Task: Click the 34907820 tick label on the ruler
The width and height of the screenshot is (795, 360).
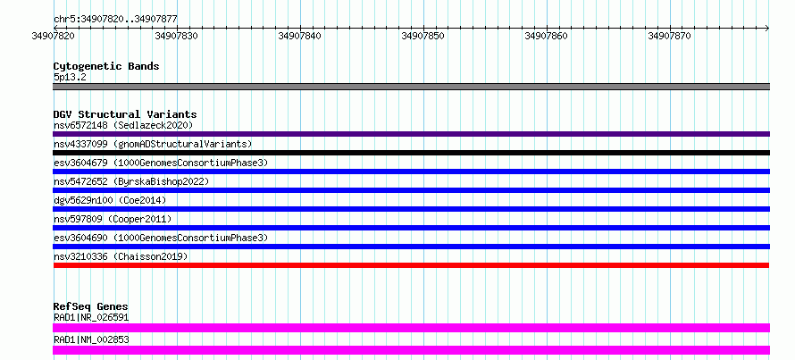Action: tap(54, 36)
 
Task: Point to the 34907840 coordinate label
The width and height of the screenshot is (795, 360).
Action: tap(299, 36)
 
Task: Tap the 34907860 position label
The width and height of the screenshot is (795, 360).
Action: tap(546, 36)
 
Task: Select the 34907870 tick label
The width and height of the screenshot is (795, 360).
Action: tap(669, 36)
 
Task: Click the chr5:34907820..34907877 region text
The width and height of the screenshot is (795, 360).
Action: tap(115, 20)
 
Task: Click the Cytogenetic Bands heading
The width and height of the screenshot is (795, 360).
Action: tap(106, 66)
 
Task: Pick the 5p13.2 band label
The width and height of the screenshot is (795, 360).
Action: tap(71, 78)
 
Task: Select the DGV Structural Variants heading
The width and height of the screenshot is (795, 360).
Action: tap(125, 114)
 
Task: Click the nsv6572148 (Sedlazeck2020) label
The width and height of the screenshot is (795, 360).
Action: tap(123, 125)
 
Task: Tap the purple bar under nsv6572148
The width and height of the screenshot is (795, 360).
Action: tap(411, 134)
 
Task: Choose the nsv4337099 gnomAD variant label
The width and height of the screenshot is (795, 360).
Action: tap(153, 144)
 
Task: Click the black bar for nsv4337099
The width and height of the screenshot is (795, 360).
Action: tap(411, 153)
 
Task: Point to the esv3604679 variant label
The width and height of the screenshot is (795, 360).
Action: tap(161, 163)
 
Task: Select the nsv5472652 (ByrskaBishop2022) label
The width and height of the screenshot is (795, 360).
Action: tap(130, 181)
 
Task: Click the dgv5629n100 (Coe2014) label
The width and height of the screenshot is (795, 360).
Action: tap(110, 200)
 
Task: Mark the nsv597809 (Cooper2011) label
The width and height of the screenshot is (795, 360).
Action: tap(113, 219)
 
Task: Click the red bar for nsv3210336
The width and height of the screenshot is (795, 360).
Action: tap(411, 265)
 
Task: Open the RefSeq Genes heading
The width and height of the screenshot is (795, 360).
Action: tap(91, 306)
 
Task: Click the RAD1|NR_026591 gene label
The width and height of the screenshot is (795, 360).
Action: tap(91, 317)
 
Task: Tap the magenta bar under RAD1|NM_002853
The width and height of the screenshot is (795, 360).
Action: tap(411, 350)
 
